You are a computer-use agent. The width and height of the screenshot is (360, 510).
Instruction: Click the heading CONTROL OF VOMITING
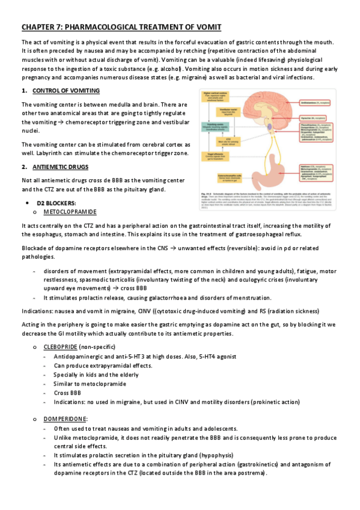click(x=66, y=90)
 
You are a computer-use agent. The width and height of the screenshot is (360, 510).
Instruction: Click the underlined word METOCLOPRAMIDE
click(x=71, y=212)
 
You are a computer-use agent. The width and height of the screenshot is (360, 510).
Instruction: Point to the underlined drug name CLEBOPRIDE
click(x=61, y=348)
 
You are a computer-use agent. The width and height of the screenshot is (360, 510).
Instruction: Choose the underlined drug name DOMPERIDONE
click(x=66, y=418)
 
